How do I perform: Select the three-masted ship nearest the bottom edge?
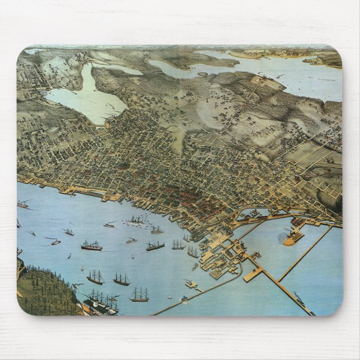point(139,295)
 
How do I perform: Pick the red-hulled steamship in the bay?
point(92,245)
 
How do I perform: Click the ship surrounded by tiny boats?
point(136,220)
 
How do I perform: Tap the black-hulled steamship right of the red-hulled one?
point(155,245)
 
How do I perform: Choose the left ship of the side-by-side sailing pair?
point(96,277)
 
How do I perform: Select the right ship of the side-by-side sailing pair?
point(121,278)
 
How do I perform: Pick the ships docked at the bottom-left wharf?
point(101,305)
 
